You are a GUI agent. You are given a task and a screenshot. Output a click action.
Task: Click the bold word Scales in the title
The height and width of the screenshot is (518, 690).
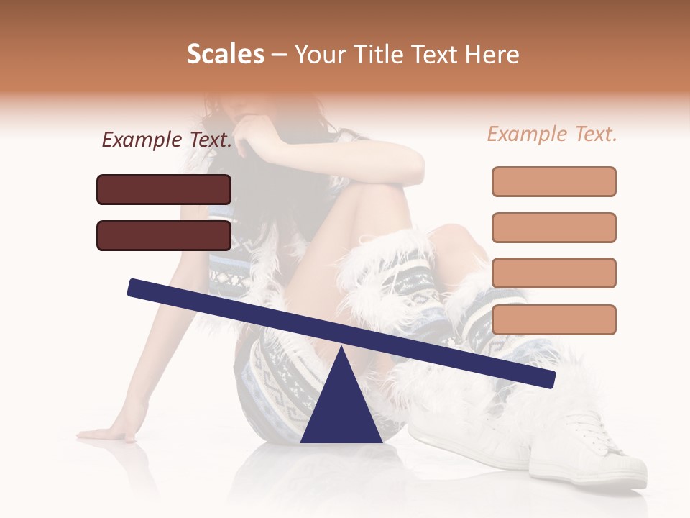[x=225, y=55]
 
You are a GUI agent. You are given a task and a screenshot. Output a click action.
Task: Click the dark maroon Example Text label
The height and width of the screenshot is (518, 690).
[x=167, y=140]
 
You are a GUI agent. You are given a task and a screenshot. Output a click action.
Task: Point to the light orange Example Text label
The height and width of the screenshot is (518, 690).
[x=552, y=134]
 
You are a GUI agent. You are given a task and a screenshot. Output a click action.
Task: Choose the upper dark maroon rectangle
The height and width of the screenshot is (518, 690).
[x=164, y=189]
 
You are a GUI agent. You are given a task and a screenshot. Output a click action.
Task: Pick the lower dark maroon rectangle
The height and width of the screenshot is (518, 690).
[x=164, y=235]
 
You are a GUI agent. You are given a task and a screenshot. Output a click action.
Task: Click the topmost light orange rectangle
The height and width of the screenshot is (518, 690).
[x=553, y=181]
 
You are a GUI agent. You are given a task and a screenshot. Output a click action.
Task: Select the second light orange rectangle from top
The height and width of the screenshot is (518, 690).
[x=553, y=227]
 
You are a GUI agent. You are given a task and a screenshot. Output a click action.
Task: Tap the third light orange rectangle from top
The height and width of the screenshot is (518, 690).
[x=553, y=273]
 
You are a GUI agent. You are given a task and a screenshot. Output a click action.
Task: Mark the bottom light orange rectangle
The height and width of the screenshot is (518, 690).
[x=553, y=319]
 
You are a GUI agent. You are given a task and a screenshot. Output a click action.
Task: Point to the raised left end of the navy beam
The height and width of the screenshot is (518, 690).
[x=137, y=288]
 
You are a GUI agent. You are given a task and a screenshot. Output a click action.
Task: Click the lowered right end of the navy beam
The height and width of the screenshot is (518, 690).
[x=546, y=378]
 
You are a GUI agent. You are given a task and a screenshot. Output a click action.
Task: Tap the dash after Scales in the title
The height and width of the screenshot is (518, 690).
[x=280, y=55]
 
